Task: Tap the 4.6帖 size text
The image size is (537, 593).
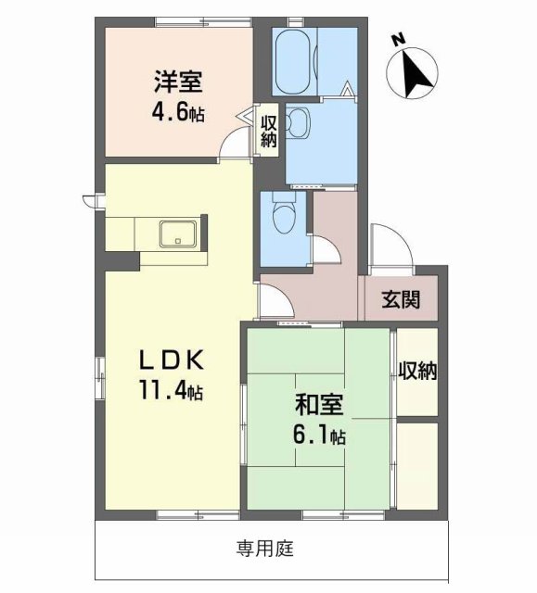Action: [x=178, y=114]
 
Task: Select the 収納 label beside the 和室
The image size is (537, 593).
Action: [x=416, y=371]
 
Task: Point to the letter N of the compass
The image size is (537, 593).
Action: [x=398, y=40]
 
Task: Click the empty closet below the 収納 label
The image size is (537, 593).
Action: [x=417, y=463]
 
